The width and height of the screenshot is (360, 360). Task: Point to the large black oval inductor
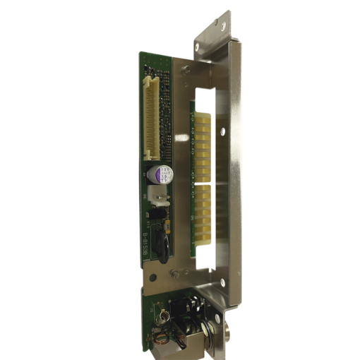pos(162,248)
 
